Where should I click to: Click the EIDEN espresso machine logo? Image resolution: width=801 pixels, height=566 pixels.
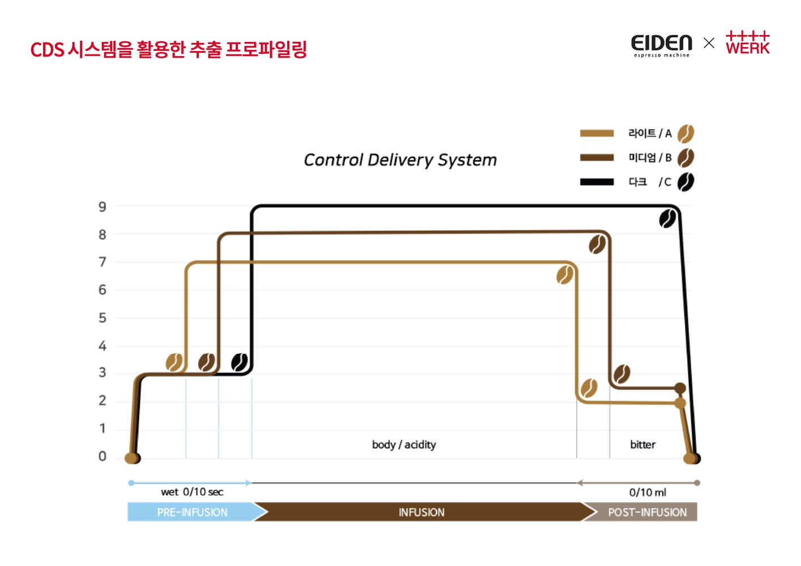pyautogui.click(x=661, y=45)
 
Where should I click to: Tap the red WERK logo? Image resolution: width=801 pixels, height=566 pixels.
pyautogui.click(x=747, y=43)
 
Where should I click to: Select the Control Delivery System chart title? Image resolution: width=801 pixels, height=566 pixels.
pyautogui.click(x=400, y=160)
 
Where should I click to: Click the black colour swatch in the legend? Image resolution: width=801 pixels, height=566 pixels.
pyautogui.click(x=597, y=182)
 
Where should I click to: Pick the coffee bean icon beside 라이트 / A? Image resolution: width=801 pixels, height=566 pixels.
pyautogui.click(x=686, y=134)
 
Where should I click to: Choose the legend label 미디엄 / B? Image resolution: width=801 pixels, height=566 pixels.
pyautogui.click(x=650, y=158)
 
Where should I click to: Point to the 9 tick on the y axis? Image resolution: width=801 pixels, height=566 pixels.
pyautogui.click(x=102, y=207)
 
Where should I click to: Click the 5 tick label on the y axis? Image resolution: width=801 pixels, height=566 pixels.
pyautogui.click(x=102, y=318)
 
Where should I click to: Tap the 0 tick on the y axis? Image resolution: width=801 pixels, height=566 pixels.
pyautogui.click(x=102, y=456)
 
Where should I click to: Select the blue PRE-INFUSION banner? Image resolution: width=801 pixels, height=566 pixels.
pyautogui.click(x=192, y=512)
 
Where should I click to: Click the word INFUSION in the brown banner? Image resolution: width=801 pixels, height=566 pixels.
pyautogui.click(x=421, y=512)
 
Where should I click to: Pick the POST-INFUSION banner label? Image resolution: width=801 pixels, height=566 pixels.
pyautogui.click(x=647, y=512)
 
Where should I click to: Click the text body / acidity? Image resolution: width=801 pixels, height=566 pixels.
pyautogui.click(x=404, y=445)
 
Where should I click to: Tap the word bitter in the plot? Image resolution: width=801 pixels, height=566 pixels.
pyautogui.click(x=642, y=445)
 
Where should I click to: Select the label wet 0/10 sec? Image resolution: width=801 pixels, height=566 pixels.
pyautogui.click(x=192, y=492)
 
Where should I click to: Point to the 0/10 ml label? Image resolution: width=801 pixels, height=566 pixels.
pyautogui.click(x=648, y=492)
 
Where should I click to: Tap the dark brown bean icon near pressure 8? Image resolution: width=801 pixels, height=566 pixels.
pyautogui.click(x=597, y=245)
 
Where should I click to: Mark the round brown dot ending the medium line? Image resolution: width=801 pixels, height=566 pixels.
pyautogui.click(x=680, y=388)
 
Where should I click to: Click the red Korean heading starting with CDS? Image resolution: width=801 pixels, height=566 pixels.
pyautogui.click(x=168, y=50)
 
